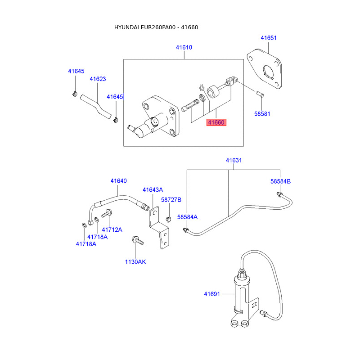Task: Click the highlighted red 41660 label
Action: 216,122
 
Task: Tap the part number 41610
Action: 184,47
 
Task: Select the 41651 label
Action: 269,38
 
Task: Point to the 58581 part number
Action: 262,114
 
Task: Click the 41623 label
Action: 98,79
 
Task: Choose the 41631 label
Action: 234,160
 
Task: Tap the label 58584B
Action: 280,181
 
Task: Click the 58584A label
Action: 187,217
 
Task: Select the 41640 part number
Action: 119,181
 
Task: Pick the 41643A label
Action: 153,189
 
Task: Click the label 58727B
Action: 171,199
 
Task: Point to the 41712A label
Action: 112,229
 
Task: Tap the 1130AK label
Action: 135,262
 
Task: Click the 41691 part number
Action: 211,294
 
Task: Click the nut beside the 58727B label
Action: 168,219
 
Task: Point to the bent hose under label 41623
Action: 96,105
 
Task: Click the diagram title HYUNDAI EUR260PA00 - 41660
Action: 156,27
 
